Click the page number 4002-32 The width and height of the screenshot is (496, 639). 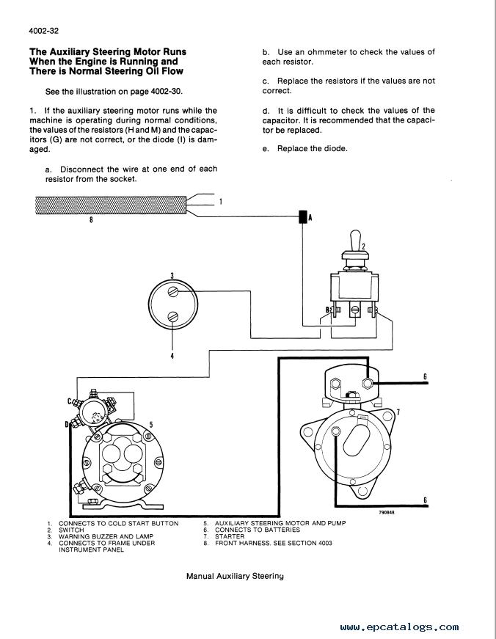pyautogui.click(x=44, y=31)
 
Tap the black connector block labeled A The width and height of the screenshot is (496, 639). pyautogui.click(x=303, y=217)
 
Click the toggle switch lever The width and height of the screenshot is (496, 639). pyautogui.click(x=356, y=241)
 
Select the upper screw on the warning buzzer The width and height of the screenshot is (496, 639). pyautogui.click(x=173, y=292)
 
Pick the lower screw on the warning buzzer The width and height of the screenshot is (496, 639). pyautogui.click(x=173, y=316)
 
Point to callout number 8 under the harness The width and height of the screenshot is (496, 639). pyautogui.click(x=91, y=219)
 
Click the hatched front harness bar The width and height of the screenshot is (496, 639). pyautogui.click(x=111, y=205)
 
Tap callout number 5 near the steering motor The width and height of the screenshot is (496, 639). pyautogui.click(x=151, y=425)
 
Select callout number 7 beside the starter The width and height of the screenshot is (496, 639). pyautogui.click(x=398, y=412)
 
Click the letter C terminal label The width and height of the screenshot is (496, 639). pyautogui.click(x=70, y=401)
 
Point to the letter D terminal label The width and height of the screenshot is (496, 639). pyautogui.click(x=67, y=425)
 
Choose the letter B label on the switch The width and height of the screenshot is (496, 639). pyautogui.click(x=327, y=310)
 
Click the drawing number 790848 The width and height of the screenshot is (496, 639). pyautogui.click(x=387, y=512)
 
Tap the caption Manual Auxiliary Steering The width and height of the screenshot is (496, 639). pyautogui.click(x=236, y=576)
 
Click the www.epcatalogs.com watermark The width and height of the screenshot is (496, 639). pyautogui.click(x=399, y=627)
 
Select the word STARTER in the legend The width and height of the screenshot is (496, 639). pyautogui.click(x=230, y=536)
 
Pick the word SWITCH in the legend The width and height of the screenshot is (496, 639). pyautogui.click(x=71, y=530)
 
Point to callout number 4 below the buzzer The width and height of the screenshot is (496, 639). pyautogui.click(x=172, y=356)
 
